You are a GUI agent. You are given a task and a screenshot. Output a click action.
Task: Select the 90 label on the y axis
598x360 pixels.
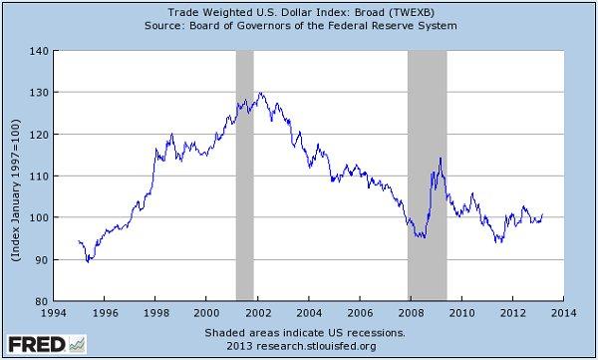click(x=40, y=259)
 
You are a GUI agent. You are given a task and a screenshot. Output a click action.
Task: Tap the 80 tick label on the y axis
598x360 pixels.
click(x=40, y=301)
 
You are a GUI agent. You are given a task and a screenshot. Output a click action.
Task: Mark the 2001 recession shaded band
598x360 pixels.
click(x=244, y=175)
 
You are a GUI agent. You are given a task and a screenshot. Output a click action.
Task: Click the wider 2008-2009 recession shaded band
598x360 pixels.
click(x=427, y=175)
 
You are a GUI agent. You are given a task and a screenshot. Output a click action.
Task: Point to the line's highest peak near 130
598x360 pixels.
click(x=260, y=93)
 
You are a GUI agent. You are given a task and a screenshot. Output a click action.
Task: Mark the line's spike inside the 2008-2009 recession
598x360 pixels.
click(x=440, y=158)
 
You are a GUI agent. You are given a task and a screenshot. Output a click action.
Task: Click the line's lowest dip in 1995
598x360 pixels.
click(x=89, y=261)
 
